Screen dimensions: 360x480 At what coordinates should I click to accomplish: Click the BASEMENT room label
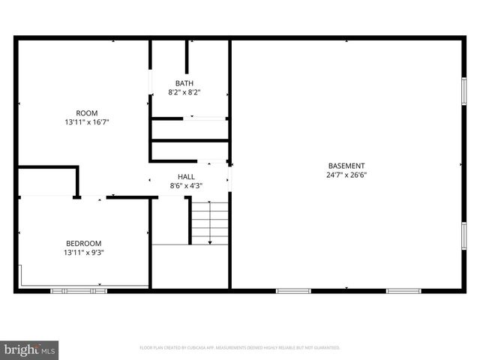point(346,166)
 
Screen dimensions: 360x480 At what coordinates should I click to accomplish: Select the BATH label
point(184,83)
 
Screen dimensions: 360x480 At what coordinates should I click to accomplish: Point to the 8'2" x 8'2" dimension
point(184,93)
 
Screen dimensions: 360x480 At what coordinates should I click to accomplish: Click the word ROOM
point(87,113)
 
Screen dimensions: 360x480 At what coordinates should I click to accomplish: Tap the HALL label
point(186,176)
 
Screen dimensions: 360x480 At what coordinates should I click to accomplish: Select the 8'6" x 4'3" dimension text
point(186,185)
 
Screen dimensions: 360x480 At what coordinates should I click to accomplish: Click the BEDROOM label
point(83,243)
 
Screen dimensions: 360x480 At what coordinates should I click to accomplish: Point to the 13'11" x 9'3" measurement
point(83,253)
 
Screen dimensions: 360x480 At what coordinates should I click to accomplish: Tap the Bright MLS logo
point(29,349)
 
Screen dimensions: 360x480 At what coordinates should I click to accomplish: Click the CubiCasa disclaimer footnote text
point(240,348)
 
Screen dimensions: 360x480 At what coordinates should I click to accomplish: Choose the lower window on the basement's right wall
point(463,235)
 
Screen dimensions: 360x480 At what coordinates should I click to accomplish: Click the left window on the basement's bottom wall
point(293,290)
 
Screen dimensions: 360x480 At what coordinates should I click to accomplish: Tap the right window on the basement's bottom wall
point(403,290)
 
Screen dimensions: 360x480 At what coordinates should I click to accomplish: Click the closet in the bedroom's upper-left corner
point(46,182)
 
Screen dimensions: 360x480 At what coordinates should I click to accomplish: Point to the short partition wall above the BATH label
point(187,57)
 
